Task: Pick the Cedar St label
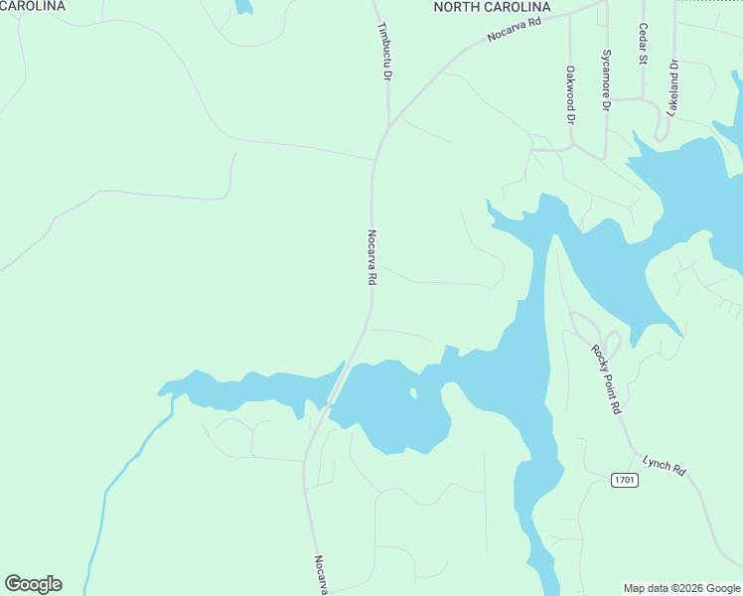[x=644, y=45]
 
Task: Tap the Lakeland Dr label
[x=673, y=89]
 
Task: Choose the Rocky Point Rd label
[x=606, y=378]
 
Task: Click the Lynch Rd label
[x=665, y=463]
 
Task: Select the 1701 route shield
[x=624, y=480]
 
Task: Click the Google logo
[x=33, y=583]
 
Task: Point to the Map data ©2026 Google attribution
[x=682, y=588]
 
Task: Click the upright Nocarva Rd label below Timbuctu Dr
[x=371, y=258]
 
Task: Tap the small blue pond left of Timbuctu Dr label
[x=243, y=6]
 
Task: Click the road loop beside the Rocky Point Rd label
[x=608, y=343]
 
